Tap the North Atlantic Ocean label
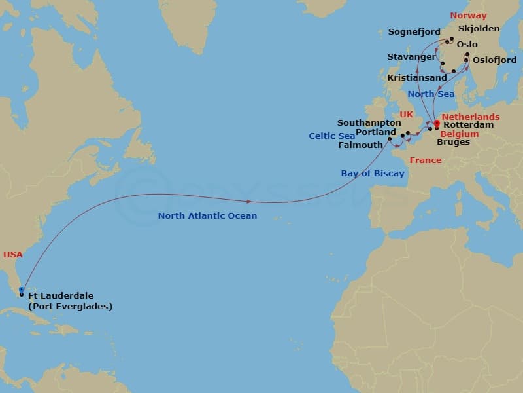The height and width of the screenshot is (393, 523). [207, 215]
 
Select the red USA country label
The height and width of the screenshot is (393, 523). [13, 254]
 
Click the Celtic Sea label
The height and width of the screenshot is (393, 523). [332, 136]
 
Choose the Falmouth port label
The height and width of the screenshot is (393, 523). [360, 145]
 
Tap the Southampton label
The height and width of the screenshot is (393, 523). [369, 122]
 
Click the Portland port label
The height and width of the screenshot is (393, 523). [376, 132]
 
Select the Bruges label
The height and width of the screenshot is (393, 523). [453, 141]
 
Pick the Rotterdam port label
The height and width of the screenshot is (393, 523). [468, 124]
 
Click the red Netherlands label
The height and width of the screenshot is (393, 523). [471, 117]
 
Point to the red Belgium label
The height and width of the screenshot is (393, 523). [460, 134]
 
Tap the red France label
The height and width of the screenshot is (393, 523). [425, 160]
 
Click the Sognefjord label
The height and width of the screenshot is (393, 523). [414, 31]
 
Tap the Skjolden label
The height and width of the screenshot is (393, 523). [479, 29]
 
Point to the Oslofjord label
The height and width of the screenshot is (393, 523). [494, 60]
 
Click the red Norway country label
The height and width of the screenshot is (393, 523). [468, 15]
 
